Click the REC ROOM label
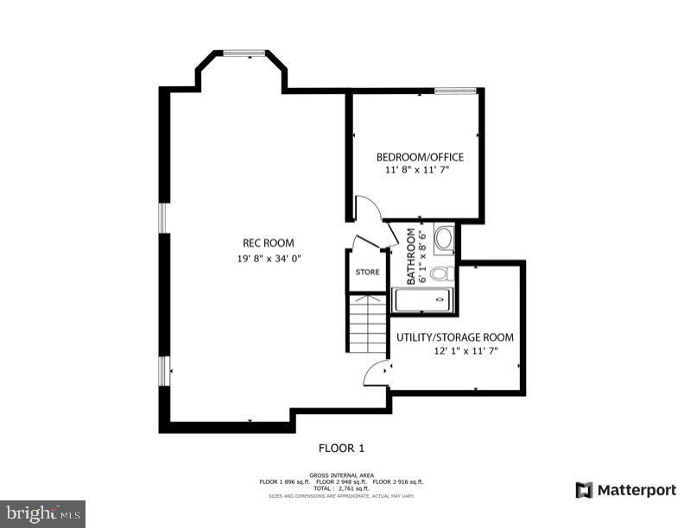(267, 242)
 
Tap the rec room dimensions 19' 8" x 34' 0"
(269, 258)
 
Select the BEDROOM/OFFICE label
(420, 157)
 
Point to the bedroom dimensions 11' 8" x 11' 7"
(417, 170)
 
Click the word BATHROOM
(411, 256)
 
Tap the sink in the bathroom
(444, 239)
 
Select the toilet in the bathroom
(440, 274)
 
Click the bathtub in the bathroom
(421, 300)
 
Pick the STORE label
(367, 272)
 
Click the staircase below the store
(367, 323)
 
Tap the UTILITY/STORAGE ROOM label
(455, 337)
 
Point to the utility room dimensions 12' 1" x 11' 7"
(465, 351)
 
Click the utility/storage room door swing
(377, 372)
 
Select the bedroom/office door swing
(366, 210)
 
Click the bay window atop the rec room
(244, 53)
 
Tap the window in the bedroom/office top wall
(455, 90)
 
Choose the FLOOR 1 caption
(342, 448)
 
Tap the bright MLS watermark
(42, 513)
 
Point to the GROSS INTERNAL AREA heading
(342, 475)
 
